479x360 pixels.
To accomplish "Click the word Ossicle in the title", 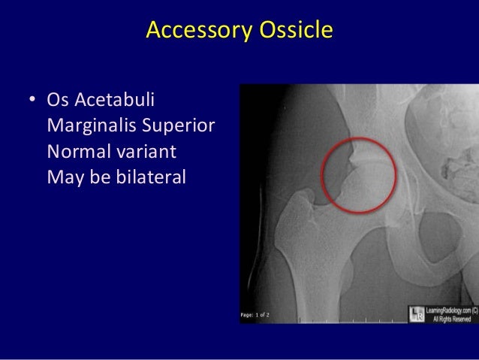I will pos(292,31).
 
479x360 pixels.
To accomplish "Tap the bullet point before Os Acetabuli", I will pos(32,100).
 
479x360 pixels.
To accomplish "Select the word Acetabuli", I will pos(116,100).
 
